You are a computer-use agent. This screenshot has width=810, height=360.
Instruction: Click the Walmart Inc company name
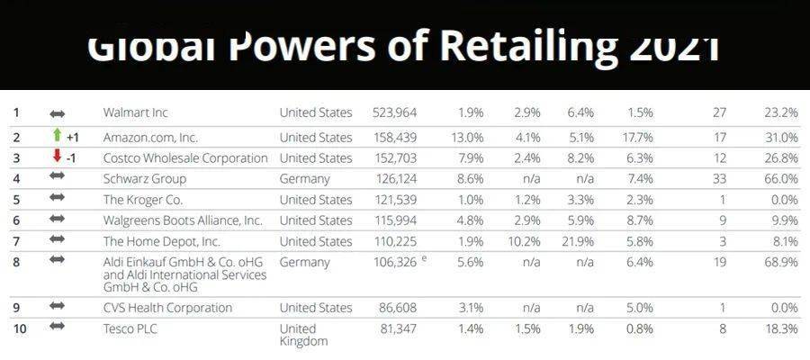point(136,112)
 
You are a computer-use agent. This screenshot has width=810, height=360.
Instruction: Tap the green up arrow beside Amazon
point(58,135)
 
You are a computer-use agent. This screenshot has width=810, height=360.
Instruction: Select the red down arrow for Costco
point(58,156)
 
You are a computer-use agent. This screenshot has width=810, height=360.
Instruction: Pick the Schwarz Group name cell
point(145,178)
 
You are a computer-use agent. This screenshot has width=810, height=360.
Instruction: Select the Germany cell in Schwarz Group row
point(305,178)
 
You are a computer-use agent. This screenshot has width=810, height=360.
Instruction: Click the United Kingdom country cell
point(304,334)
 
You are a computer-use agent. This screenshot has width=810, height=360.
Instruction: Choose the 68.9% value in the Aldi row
point(779,262)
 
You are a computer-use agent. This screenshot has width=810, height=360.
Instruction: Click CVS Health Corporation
point(167,307)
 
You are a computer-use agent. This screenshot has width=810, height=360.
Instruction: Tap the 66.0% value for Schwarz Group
point(779,178)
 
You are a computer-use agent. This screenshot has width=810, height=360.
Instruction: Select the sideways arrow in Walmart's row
point(58,113)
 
